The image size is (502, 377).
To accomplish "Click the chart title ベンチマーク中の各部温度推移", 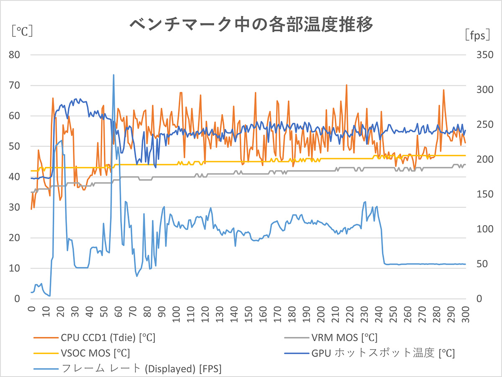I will [x=251, y=24].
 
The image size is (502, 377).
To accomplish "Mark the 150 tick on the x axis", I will [x=248, y=313].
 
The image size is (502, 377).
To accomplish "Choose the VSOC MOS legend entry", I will [x=86, y=353].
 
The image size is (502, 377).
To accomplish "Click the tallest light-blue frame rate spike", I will [x=113, y=75].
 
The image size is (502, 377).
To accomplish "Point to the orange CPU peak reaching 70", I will [x=346, y=85].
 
